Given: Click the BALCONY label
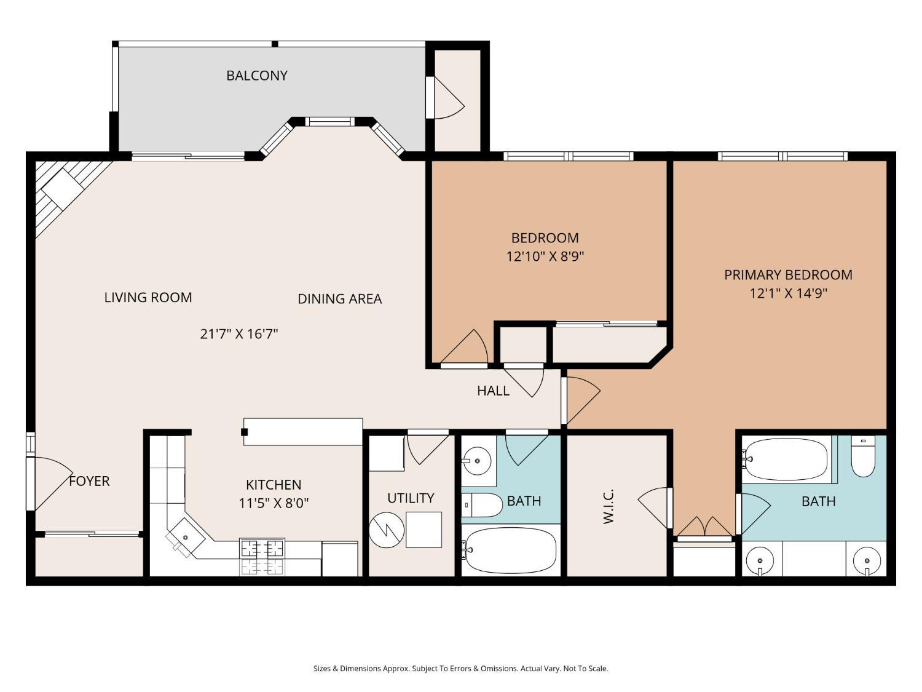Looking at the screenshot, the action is point(257,76).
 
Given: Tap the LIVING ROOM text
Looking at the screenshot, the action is point(148,298).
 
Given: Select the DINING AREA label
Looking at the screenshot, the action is point(339,299).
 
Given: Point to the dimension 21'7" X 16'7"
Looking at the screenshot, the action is point(238,333).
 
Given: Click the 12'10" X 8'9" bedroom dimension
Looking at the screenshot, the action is point(545,256).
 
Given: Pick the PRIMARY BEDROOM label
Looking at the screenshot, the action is point(788,275).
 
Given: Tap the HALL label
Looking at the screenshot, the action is point(493,391).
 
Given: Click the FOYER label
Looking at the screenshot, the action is point(89,481).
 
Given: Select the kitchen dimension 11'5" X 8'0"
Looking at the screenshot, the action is point(274,503).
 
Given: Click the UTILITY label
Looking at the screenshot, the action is point(411,498).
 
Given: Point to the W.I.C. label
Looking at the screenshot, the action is point(609,506).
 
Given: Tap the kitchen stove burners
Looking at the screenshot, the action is point(262,557).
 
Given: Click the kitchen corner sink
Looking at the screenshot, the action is point(185,538).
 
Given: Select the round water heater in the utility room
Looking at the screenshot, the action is point(387,530).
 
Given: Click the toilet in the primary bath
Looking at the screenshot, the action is point(863,456).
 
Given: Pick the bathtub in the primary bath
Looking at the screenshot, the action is point(786,459).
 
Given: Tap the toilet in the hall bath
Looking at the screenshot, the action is point(482,505).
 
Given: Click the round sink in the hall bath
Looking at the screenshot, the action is point(477,461).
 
